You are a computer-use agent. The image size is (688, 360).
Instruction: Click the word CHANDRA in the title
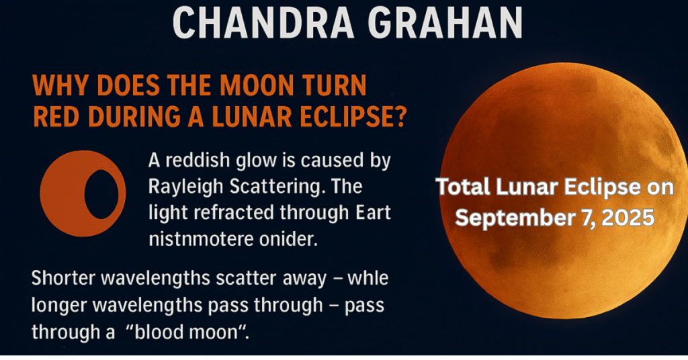(x=263, y=22)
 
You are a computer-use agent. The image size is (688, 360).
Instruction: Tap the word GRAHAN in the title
(x=445, y=22)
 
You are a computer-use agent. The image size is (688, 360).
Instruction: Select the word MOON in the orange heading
(x=255, y=85)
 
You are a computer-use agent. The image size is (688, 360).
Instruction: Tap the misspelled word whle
(x=368, y=279)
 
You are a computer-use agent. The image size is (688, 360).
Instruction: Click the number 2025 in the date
(x=628, y=218)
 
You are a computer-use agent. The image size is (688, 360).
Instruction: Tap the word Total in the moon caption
(x=463, y=187)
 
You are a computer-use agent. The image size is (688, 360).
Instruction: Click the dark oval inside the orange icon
(x=101, y=194)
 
